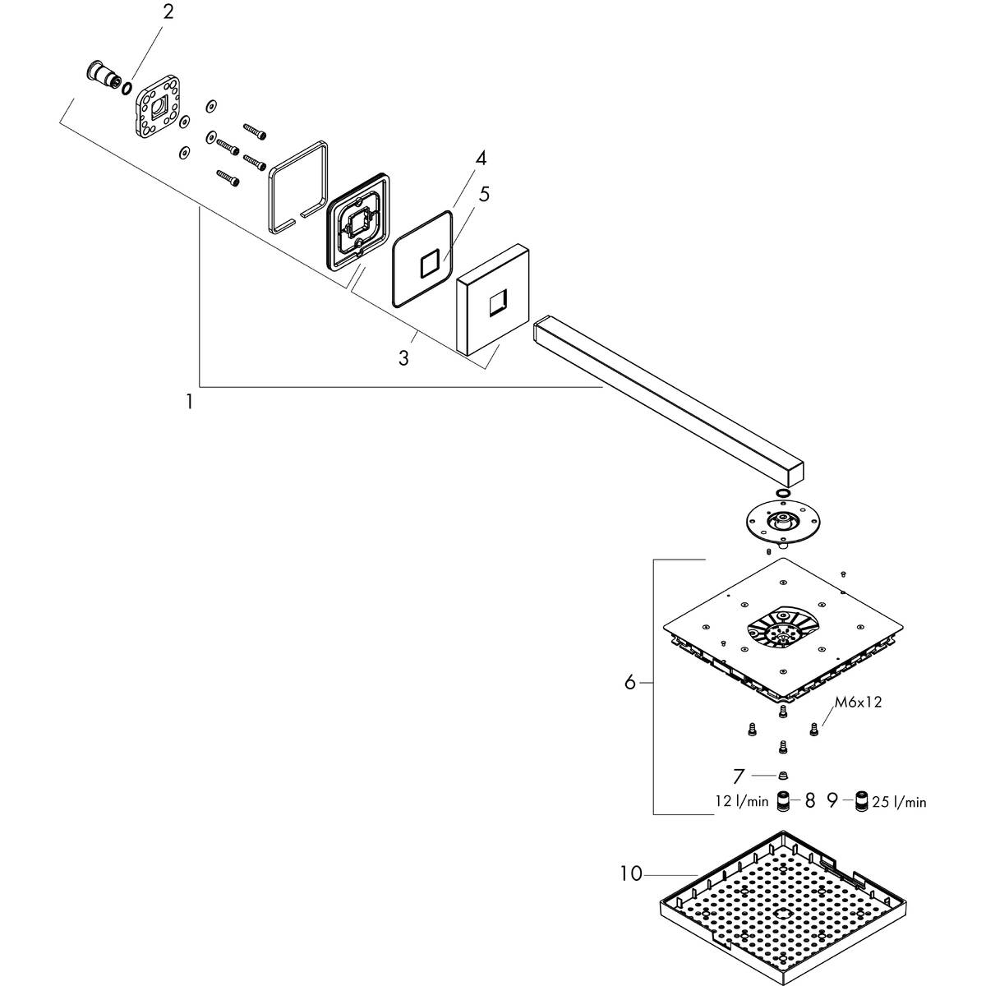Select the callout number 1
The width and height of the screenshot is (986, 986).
190,402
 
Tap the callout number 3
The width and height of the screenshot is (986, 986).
403,357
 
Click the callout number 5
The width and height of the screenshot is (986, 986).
484,195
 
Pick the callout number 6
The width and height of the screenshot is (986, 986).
630,682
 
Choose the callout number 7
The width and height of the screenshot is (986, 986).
739,774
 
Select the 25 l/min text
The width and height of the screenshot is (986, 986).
900,802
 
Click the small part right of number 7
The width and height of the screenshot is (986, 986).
782,774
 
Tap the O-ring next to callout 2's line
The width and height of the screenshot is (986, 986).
127,86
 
